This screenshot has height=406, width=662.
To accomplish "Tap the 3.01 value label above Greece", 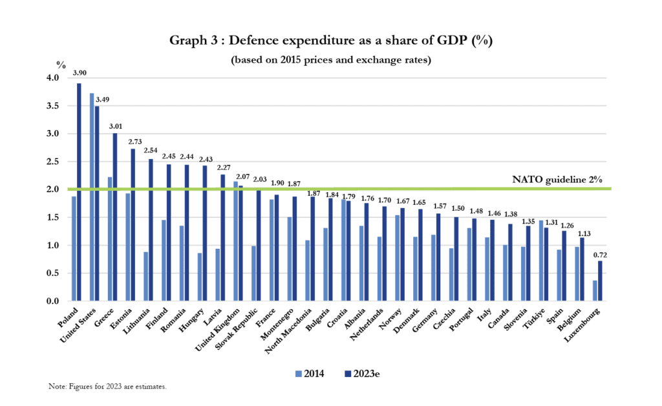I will [x=115, y=126].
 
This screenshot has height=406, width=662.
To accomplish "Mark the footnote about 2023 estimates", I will [x=108, y=387].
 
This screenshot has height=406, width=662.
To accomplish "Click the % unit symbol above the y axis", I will [x=61, y=65].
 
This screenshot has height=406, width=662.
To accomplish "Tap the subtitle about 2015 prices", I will [x=330, y=59].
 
